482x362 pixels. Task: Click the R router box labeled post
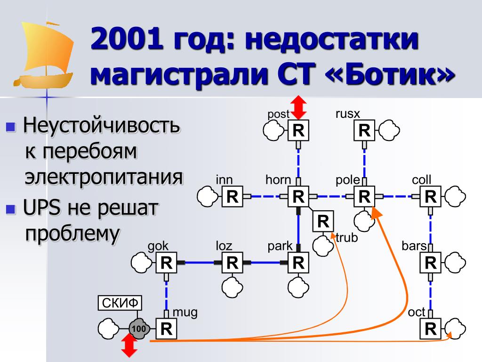coord(298,131)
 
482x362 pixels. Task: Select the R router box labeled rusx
coord(364,131)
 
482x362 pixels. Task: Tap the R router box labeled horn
coord(298,197)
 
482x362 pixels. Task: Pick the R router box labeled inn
coord(233,197)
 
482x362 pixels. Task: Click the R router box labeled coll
coord(430,197)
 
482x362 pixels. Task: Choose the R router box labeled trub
coord(323,221)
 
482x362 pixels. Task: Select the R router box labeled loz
coord(233,263)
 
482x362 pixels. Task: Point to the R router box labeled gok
coord(167,263)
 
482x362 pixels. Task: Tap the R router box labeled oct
coord(430,329)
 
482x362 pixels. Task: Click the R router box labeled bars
coord(430,263)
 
